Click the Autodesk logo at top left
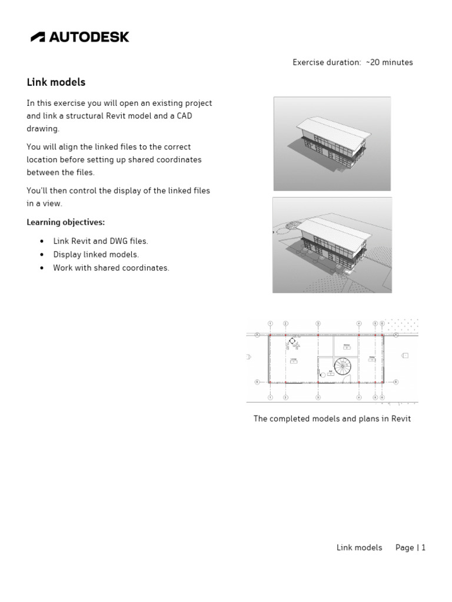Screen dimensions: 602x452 coord(79,37)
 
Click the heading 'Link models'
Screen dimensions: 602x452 coord(56,82)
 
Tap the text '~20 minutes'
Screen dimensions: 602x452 coord(389,62)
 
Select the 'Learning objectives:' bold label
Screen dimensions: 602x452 coord(65,222)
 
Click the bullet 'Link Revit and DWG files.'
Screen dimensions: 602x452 coord(101,241)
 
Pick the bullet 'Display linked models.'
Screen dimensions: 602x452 coord(96,255)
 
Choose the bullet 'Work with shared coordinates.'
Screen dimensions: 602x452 coord(111,268)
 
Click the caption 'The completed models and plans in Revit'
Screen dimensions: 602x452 coord(332,419)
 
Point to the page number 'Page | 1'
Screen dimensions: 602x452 coord(410,547)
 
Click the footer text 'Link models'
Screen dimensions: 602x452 coord(359,547)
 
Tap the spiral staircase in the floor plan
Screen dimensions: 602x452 coord(343,367)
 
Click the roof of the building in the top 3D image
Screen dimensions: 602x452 coord(333,125)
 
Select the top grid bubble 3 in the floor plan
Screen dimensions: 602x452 coord(318,323)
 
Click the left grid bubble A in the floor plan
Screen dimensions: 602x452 coord(258,335)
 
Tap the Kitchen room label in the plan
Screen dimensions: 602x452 coord(347,345)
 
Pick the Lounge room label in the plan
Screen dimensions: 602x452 coord(293,360)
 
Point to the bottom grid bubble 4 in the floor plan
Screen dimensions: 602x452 coord(359,397)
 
